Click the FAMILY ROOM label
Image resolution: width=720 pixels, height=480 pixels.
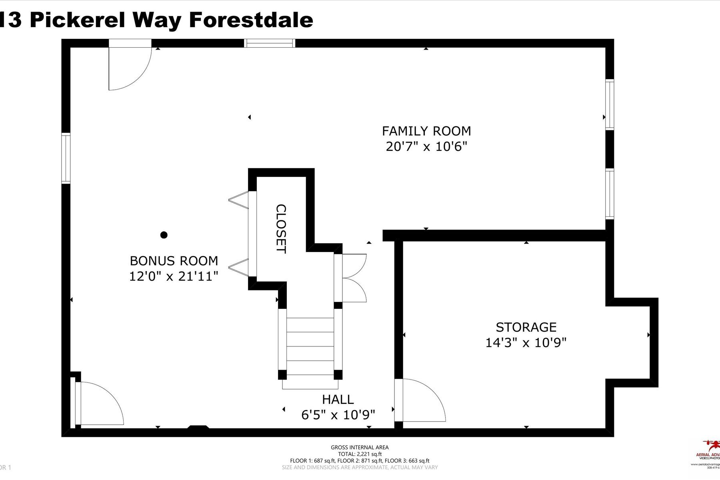[426, 131]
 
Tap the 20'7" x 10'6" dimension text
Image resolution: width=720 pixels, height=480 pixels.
[426, 147]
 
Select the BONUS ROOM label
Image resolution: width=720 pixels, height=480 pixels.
[174, 261]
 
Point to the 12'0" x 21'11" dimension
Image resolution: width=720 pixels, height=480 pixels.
[174, 276]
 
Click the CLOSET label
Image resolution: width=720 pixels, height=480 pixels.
[281, 229]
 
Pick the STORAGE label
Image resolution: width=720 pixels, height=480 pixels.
[526, 327]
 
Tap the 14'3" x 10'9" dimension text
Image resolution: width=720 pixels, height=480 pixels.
[526, 343]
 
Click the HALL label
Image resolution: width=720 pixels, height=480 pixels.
[338, 399]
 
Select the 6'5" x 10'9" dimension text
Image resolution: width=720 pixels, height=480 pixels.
[338, 415]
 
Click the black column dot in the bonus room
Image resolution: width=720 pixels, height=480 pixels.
[164, 235]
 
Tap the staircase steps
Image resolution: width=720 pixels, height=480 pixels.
[310, 346]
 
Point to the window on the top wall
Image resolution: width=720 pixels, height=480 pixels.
[270, 43]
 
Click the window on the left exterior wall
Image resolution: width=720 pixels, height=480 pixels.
[66, 158]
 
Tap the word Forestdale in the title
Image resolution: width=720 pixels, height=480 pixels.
[251, 20]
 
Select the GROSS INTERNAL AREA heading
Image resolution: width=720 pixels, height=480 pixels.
[360, 448]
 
